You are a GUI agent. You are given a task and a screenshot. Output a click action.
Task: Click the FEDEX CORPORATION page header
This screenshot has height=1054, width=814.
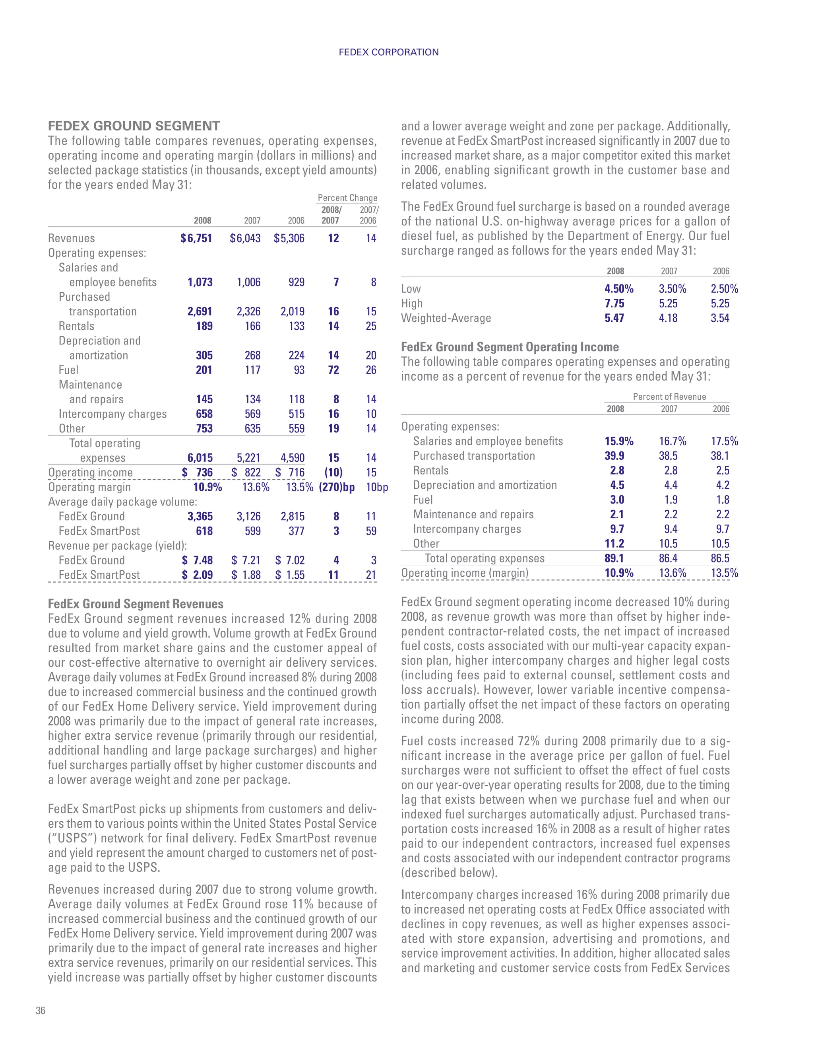click(x=388, y=52)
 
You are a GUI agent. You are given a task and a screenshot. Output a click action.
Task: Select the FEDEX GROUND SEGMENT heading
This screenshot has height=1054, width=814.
click(x=134, y=126)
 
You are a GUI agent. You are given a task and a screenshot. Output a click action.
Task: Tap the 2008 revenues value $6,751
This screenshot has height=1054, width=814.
click(x=196, y=238)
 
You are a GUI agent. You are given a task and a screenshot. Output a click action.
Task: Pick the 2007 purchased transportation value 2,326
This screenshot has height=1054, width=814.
click(x=248, y=311)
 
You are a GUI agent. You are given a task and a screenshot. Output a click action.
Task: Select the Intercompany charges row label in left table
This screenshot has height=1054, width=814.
click(x=112, y=414)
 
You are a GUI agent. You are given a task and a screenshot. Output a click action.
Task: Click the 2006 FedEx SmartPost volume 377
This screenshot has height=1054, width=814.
click(x=296, y=531)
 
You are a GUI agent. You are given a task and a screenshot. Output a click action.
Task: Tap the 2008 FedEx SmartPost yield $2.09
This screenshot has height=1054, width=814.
click(x=197, y=575)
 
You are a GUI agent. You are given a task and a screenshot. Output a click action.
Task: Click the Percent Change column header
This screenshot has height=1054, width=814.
click(x=347, y=198)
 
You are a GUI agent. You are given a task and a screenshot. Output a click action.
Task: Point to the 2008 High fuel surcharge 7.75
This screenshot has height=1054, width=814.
click(x=614, y=303)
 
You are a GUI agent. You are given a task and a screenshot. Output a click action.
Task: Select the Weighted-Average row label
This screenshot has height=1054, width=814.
click(x=446, y=318)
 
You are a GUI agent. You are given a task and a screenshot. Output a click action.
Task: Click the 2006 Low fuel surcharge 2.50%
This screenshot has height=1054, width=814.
click(x=724, y=289)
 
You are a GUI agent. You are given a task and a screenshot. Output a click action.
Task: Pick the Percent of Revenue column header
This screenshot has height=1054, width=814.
click(x=669, y=397)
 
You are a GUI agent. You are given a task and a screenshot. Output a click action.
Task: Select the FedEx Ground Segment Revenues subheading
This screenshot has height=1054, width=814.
click(x=136, y=604)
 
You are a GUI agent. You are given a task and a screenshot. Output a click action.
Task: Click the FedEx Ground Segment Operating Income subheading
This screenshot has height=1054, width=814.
click(x=510, y=347)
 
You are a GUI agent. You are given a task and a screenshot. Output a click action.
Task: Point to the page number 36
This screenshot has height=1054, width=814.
click(x=41, y=1011)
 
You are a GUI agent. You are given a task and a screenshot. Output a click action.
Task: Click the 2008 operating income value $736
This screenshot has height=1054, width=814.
click(x=197, y=473)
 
